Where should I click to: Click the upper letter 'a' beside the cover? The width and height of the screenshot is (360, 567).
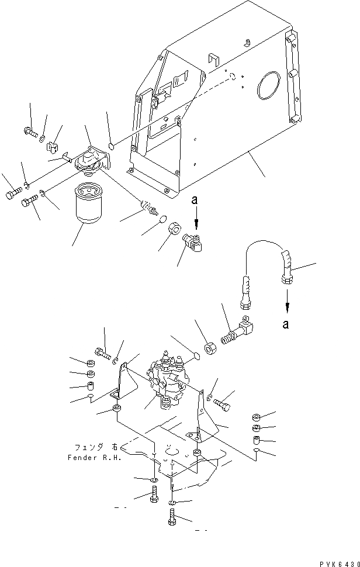click(x=195, y=200)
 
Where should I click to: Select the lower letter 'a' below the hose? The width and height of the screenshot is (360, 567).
click(x=286, y=326)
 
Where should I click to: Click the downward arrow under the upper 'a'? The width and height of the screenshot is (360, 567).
click(x=196, y=222)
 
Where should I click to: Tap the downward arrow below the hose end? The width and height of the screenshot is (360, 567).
click(x=286, y=302)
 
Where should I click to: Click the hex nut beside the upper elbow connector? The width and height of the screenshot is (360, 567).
click(x=175, y=227)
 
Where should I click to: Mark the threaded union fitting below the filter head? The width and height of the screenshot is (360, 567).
click(x=149, y=208)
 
